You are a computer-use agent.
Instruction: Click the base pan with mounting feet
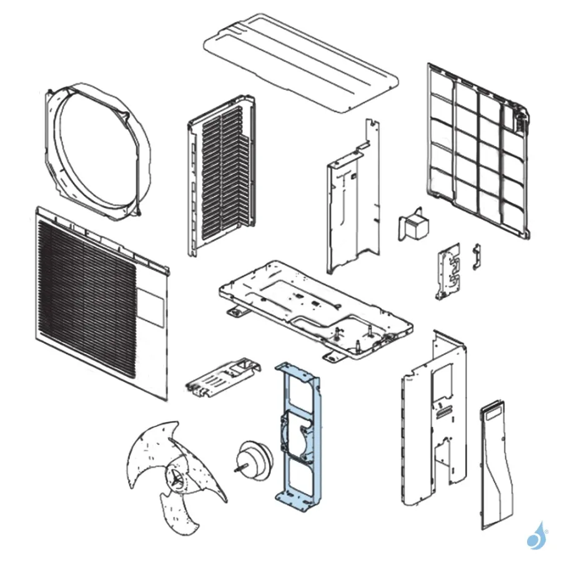pyautogui.click(x=312, y=306)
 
